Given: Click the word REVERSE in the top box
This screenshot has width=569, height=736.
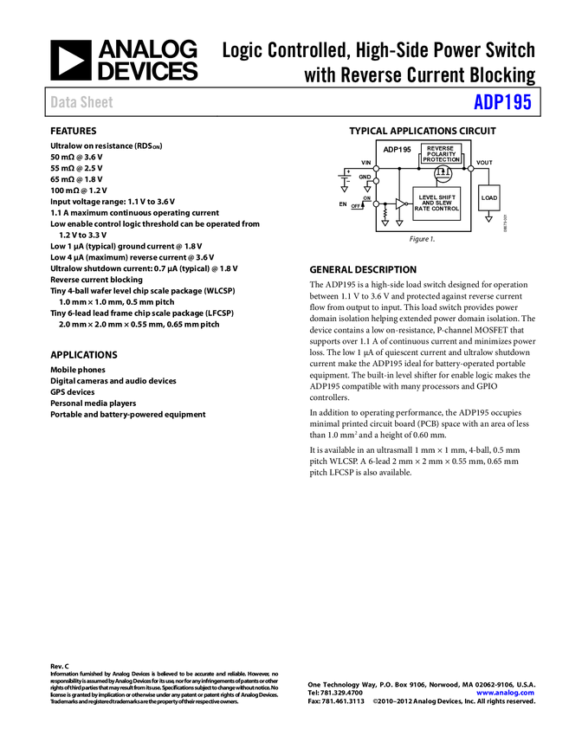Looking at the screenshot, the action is [441, 148].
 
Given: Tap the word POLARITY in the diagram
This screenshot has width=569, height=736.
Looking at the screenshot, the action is [441, 154].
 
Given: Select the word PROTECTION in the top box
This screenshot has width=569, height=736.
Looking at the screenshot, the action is [441, 159].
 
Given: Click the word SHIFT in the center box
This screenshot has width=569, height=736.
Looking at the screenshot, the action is [447, 197].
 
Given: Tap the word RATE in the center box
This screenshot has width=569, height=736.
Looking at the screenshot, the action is [422, 209].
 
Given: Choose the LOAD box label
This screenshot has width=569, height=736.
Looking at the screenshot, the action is [489, 198].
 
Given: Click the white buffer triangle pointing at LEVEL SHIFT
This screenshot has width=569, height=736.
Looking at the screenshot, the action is [400, 204].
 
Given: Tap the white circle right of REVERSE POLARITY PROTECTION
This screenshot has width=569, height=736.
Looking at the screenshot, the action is [471, 169].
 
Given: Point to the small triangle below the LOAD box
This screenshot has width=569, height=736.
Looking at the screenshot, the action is [488, 220].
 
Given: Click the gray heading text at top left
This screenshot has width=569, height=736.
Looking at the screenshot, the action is [82, 102].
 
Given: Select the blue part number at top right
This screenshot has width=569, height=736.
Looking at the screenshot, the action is [502, 102].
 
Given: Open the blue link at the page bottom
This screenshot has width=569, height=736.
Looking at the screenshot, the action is [505, 693].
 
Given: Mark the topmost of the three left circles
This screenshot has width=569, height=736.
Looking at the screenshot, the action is [376, 169].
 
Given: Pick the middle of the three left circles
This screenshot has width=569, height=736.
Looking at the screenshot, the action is [376, 181].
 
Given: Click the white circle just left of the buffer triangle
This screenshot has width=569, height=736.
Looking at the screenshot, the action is [376, 204].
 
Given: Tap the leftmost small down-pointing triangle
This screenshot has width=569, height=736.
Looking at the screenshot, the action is [344, 189].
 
